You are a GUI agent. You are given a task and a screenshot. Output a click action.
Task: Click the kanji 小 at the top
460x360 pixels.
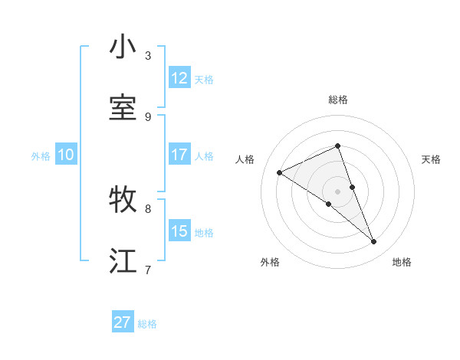pyautogui.click(x=123, y=47)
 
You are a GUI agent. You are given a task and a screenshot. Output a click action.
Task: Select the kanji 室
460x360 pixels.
pyautogui.click(x=123, y=108)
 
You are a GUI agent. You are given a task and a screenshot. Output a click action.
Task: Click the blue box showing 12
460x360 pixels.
pyautogui.click(x=179, y=78)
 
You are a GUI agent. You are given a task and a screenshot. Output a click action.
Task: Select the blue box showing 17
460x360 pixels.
pyautogui.click(x=179, y=155)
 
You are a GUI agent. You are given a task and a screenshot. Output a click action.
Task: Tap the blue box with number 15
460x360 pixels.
pyautogui.click(x=179, y=231)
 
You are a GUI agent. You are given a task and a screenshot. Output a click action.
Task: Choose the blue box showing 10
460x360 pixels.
pyautogui.click(x=66, y=155)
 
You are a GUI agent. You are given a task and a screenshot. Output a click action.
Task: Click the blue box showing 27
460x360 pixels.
pyautogui.click(x=123, y=322)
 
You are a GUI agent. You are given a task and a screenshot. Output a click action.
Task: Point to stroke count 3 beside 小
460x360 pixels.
pyautogui.click(x=148, y=55)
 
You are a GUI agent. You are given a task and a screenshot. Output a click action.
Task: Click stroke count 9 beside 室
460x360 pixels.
pyautogui.click(x=148, y=116)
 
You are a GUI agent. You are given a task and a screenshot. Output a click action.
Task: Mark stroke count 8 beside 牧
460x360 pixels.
pyautogui.click(x=148, y=208)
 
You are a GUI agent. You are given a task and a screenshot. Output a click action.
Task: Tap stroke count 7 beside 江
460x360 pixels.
pyautogui.click(x=148, y=269)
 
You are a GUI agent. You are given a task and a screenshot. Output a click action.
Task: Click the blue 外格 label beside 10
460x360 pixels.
pyautogui.click(x=41, y=156)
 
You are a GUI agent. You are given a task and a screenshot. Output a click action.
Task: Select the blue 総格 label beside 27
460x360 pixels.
pyautogui.click(x=147, y=324)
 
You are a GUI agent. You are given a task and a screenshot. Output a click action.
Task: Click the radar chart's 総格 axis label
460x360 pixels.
pyautogui.click(x=337, y=100)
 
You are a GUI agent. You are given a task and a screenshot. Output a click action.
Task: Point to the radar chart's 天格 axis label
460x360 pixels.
pyautogui.click(x=431, y=159)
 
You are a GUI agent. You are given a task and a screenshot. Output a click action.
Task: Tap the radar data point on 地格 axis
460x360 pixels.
pyautogui.click(x=374, y=242)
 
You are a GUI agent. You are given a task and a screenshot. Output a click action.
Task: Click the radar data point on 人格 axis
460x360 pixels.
pyautogui.click(x=280, y=172)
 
